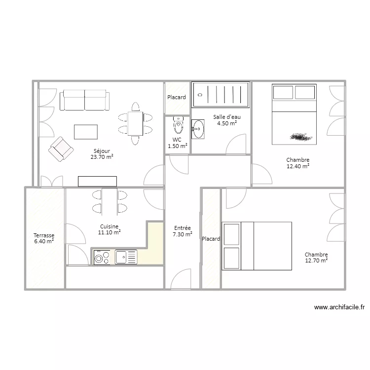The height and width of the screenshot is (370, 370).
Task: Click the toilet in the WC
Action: point(178,125)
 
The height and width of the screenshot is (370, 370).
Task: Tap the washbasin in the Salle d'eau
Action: point(198,129)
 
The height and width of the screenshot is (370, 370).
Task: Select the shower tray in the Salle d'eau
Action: point(221,95)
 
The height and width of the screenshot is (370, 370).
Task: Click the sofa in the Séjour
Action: point(84,100)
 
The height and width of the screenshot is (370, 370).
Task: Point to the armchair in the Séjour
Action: point(61,149)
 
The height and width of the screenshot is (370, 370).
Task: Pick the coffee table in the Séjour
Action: point(86,132)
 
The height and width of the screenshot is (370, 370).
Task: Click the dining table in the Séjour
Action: point(135,123)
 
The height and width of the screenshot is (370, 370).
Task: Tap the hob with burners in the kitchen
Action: point(102,257)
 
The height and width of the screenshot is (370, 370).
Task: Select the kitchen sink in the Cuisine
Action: point(126,257)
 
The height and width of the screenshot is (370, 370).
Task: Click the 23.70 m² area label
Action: point(102,157)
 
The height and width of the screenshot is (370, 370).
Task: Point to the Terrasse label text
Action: point(44,235)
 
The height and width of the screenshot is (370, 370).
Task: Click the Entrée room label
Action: point(183,228)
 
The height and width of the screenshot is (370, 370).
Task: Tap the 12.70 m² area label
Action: point(316,260)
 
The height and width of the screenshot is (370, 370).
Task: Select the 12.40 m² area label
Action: point(298,166)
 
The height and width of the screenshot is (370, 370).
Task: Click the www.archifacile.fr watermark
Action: point(339,307)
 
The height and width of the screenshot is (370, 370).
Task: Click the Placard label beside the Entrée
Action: point(211,239)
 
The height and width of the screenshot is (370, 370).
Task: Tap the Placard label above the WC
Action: point(177,97)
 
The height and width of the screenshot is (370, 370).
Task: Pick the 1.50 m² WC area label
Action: point(178,146)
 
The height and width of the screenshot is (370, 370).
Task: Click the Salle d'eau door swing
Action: point(236,144)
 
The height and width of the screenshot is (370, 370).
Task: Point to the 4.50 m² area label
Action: point(227,123)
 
